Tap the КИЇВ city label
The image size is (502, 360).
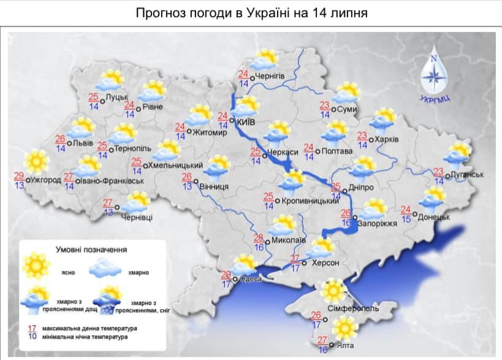[246, 121]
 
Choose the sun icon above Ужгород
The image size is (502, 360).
[36, 162]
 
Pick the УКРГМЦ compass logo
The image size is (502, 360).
[433, 74]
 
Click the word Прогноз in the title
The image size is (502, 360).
[160, 13]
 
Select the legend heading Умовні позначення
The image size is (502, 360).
[91, 250]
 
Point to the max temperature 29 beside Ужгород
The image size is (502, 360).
[20, 176]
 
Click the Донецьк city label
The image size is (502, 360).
[435, 216]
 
